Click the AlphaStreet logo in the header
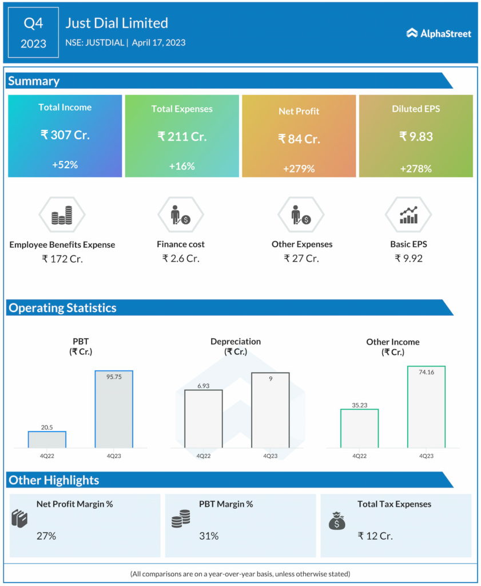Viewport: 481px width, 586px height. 439,33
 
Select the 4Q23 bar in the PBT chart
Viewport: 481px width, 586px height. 113,409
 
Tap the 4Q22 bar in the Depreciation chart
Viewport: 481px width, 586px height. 203,418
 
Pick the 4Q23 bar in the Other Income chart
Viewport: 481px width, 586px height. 426,407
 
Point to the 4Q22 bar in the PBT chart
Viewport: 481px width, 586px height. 47,439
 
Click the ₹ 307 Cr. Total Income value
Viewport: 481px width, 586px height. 65,135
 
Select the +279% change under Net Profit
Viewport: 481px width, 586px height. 299,169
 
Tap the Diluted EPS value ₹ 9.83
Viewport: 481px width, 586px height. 416,136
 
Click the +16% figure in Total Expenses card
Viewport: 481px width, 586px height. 182,166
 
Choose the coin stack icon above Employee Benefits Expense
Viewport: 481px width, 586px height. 62,215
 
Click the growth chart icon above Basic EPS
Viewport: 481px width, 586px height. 408,215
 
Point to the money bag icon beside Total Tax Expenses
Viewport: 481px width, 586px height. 336,520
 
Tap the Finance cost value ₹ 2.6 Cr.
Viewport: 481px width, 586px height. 181,258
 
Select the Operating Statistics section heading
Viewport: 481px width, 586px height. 62,308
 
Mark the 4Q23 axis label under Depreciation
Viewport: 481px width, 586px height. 270,456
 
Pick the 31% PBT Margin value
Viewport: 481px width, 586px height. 209,536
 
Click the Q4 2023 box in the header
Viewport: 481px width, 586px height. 33,33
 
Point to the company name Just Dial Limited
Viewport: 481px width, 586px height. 117,23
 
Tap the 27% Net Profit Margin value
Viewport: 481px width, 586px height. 46,536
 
